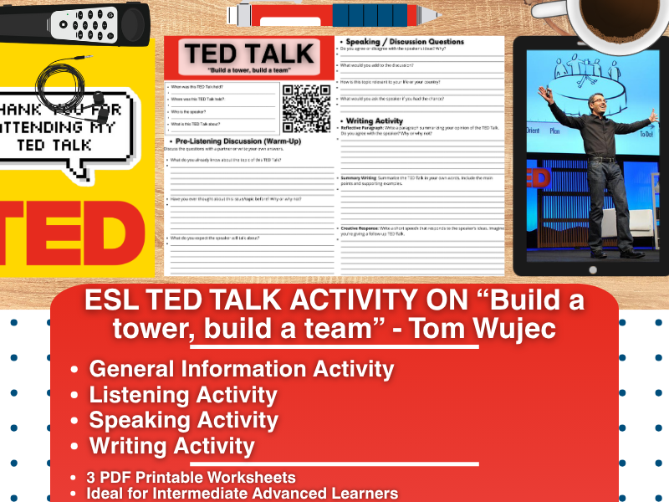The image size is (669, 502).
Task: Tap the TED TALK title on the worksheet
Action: [249, 55]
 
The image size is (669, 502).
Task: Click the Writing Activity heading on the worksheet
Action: [375, 120]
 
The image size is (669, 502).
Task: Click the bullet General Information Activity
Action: [242, 368]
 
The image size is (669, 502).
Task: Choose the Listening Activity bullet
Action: [183, 394]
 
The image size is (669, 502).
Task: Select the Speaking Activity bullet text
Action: [184, 420]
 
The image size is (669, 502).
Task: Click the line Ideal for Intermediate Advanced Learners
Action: [242, 493]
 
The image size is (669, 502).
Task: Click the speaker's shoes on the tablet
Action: [610, 253]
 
